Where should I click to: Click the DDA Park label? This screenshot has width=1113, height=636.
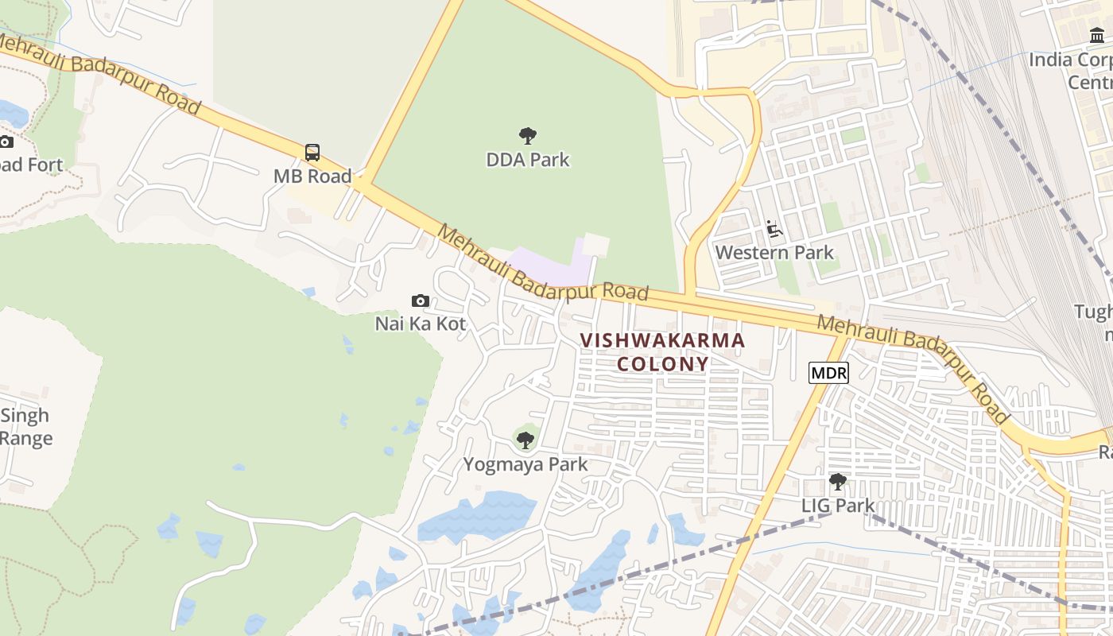pyautogui.click(x=528, y=160)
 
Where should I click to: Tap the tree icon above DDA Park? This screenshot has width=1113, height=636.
pyautogui.click(x=527, y=136)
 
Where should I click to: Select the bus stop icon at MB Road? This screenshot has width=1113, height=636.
pyautogui.click(x=312, y=153)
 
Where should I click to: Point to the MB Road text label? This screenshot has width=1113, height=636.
pyautogui.click(x=312, y=176)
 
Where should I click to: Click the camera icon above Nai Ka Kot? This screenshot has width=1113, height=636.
pyautogui.click(x=421, y=301)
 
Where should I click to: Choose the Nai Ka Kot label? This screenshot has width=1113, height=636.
pyautogui.click(x=421, y=324)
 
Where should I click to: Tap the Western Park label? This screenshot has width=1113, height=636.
pyautogui.click(x=774, y=253)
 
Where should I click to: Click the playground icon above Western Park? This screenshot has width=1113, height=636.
pyautogui.click(x=774, y=230)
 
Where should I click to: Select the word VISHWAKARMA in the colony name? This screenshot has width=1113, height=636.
pyautogui.click(x=662, y=341)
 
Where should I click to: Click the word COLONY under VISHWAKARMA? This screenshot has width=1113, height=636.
pyautogui.click(x=662, y=364)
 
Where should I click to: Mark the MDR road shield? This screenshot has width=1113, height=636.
pyautogui.click(x=828, y=372)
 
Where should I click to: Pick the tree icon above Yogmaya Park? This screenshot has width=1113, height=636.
pyautogui.click(x=525, y=440)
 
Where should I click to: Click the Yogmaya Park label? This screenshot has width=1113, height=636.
pyautogui.click(x=525, y=464)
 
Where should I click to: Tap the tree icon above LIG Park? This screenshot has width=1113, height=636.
pyautogui.click(x=837, y=481)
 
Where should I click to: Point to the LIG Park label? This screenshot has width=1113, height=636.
pyautogui.click(x=837, y=505)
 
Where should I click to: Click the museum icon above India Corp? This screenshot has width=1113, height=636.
pyautogui.click(x=1097, y=36)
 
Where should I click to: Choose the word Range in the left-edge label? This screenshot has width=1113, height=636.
pyautogui.click(x=26, y=438)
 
